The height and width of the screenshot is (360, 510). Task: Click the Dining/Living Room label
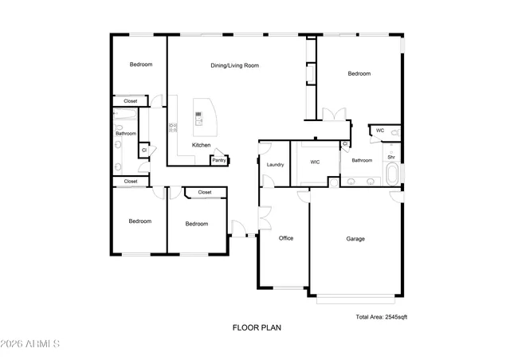[234, 65]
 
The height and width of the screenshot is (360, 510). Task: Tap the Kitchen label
[201, 145]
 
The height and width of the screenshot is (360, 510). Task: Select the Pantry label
[219, 160]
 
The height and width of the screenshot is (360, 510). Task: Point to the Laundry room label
[276, 165]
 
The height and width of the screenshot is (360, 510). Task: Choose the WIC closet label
[316, 162]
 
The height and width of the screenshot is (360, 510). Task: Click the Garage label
[355, 238]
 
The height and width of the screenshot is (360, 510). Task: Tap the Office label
[286, 238]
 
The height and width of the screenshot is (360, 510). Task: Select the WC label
[380, 130]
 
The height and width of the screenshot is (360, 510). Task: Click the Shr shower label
[391, 157]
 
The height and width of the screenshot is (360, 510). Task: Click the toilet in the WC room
[394, 131]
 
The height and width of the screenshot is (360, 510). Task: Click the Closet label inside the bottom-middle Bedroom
[205, 192]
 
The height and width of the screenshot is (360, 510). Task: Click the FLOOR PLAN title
[257, 327]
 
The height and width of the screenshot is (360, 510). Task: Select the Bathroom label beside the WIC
[362, 160]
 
